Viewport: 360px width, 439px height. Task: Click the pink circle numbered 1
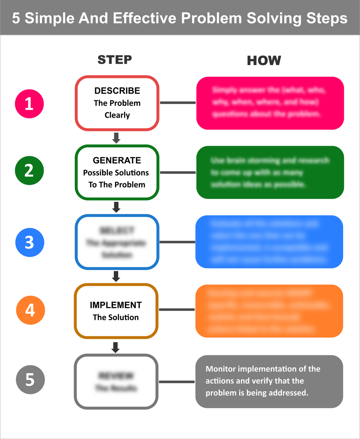pyautogui.click(x=29, y=104)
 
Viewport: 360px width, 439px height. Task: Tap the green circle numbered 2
pyautogui.click(x=29, y=171)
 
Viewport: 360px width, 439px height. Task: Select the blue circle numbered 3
pyautogui.click(x=29, y=242)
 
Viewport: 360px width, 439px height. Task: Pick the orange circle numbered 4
pyautogui.click(x=31, y=310)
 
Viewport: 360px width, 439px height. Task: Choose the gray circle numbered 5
pyautogui.click(x=30, y=380)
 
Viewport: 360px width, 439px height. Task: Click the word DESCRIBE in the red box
pyautogui.click(x=117, y=90)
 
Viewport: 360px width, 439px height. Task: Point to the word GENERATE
pyautogui.click(x=117, y=160)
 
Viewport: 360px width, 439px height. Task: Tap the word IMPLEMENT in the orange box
pyautogui.click(x=116, y=305)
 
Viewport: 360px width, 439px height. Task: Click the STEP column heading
pyautogui.click(x=115, y=60)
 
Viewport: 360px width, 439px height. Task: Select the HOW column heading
pyautogui.click(x=264, y=60)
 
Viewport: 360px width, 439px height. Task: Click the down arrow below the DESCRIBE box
pyautogui.click(x=116, y=138)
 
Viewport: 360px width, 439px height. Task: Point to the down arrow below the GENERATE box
pyautogui.click(x=116, y=207)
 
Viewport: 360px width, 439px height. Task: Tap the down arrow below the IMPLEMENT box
pyautogui.click(x=115, y=347)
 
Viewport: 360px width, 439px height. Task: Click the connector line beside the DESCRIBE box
pyautogui.click(x=178, y=103)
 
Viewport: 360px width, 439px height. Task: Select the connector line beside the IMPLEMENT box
pyautogui.click(x=177, y=310)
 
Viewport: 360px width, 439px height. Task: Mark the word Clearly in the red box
pyautogui.click(x=117, y=115)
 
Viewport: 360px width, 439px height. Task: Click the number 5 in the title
pyautogui.click(x=16, y=18)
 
